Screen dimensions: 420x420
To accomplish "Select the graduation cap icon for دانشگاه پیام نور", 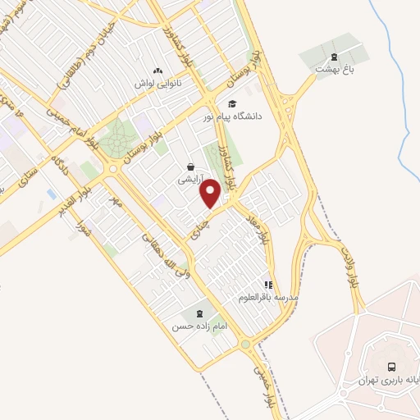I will pyautogui.click(x=233, y=104).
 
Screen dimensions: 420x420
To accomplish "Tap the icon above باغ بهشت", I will pyautogui.click(x=333, y=57).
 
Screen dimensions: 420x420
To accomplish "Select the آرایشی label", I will pyautogui.click(x=189, y=177).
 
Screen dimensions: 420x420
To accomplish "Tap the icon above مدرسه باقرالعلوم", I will pyautogui.click(x=267, y=285).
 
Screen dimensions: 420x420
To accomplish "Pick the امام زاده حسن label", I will pyautogui.click(x=198, y=326).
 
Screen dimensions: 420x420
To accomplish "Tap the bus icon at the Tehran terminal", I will pyautogui.click(x=391, y=367).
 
